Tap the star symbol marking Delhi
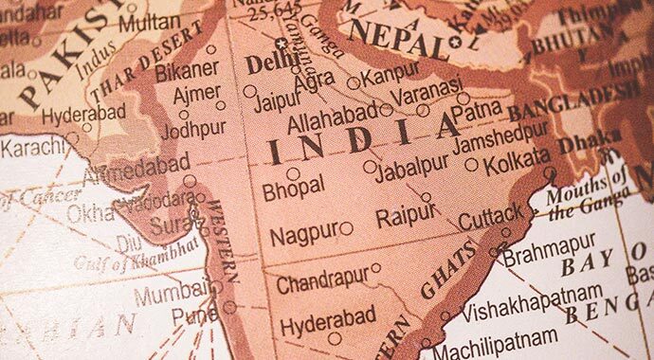(x=281, y=43)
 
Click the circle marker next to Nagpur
(x=346, y=228)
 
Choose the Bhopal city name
(x=294, y=187)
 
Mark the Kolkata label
(x=517, y=163)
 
